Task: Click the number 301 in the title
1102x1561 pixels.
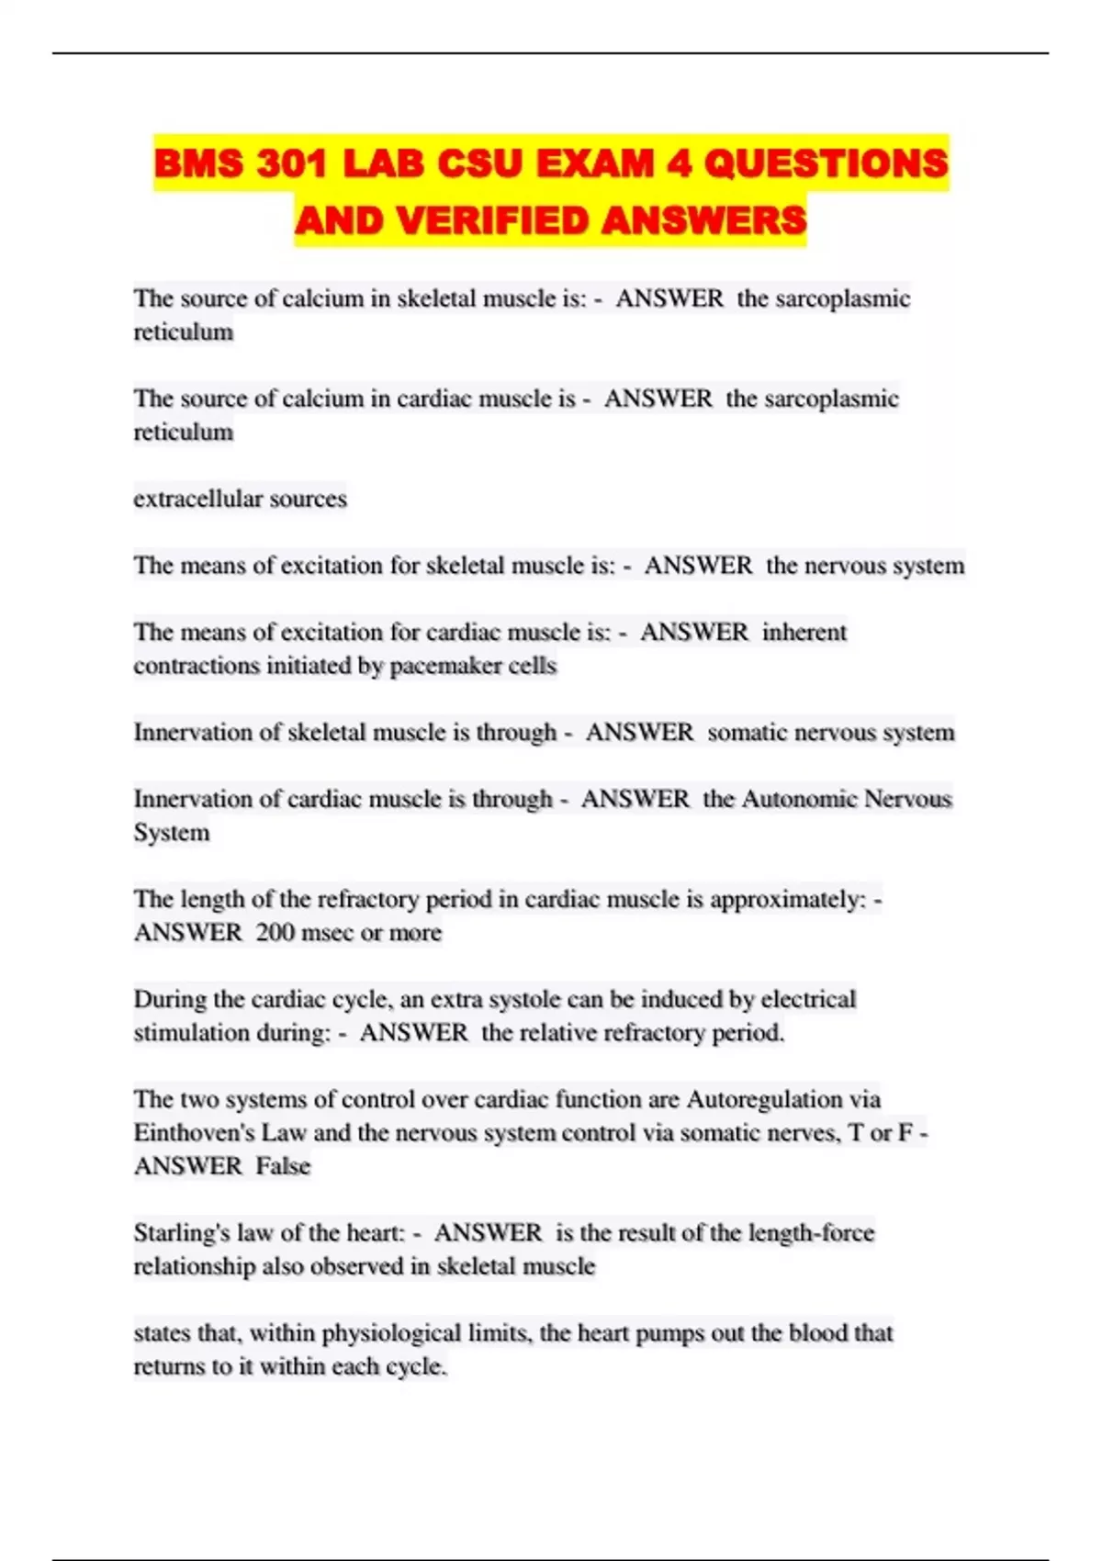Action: tap(291, 164)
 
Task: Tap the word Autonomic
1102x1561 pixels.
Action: tap(799, 799)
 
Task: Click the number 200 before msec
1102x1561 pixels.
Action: tap(275, 933)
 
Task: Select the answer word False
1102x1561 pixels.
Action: tap(283, 1166)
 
